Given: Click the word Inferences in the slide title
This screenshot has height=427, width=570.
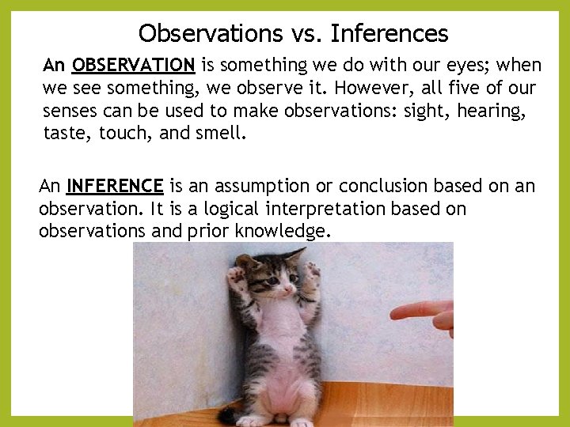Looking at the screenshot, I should click(389, 33).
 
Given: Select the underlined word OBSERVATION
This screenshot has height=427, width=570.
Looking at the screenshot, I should click(133, 65).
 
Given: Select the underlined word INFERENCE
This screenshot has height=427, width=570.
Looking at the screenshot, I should click(115, 186).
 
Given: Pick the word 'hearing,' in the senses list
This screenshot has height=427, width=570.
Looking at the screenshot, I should click(492, 111).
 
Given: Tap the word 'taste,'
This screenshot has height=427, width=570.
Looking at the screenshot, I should click(68, 134).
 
